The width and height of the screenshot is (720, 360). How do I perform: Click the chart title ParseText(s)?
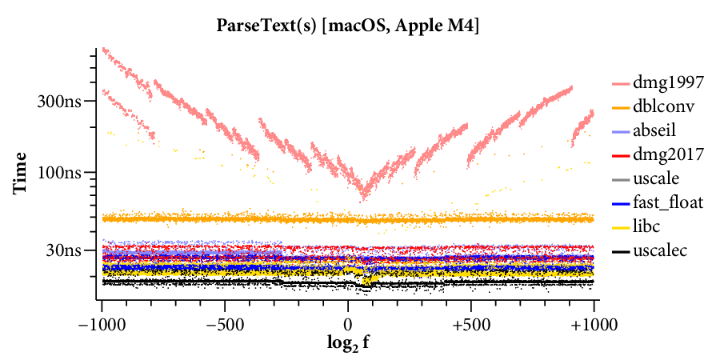click(x=266, y=26)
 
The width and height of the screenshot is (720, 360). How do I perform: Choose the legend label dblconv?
click(x=666, y=106)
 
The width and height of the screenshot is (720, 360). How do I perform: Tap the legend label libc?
click(x=650, y=226)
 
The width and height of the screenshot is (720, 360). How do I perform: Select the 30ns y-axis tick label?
click(x=66, y=250)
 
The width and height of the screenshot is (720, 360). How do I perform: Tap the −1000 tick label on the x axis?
click(x=102, y=325)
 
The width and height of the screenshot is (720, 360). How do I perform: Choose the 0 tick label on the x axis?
click(x=348, y=325)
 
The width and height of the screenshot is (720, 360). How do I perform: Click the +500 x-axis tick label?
click(x=470, y=325)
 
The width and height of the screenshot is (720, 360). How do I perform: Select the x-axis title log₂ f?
click(x=348, y=345)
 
